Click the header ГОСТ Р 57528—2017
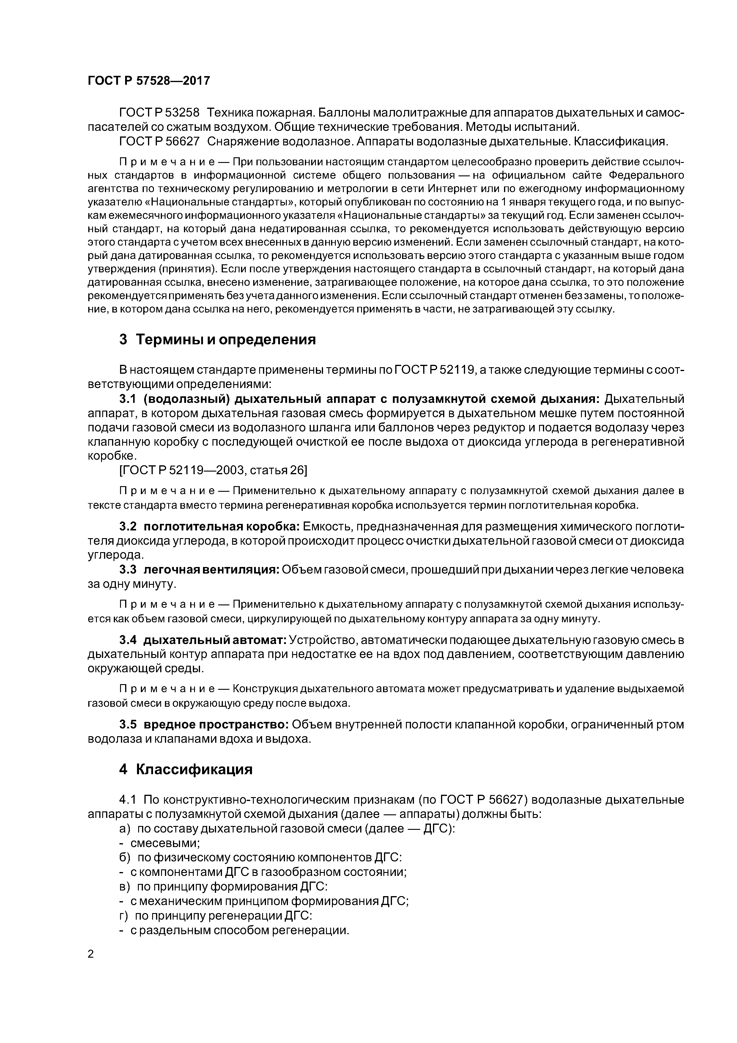tap(149, 81)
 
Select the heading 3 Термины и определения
tap(217, 339)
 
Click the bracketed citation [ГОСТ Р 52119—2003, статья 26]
tap(213, 470)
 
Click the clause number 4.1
tap(128, 799)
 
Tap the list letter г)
tap(124, 915)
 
